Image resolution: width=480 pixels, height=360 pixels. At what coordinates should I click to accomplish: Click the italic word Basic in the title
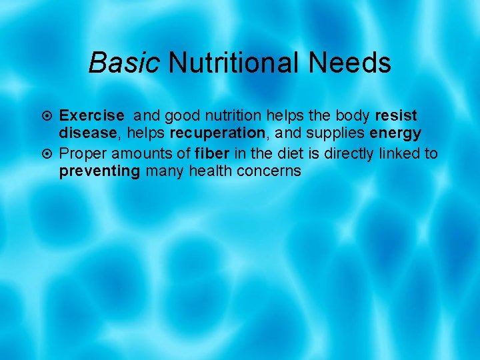125,63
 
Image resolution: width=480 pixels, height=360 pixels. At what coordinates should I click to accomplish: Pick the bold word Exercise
92,117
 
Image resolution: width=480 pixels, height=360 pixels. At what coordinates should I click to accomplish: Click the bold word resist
395,117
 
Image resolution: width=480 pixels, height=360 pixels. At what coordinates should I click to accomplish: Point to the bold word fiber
212,154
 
